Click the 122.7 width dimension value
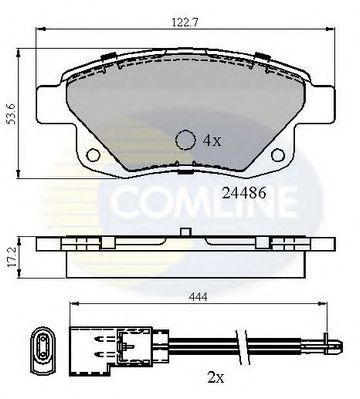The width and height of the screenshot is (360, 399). point(185,22)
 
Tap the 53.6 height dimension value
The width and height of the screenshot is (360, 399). point(12,113)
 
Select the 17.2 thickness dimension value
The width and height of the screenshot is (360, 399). point(12,256)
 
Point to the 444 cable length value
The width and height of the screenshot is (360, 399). point(198,296)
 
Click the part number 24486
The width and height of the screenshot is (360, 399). point(244,193)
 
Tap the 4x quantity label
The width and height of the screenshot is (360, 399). point(212,141)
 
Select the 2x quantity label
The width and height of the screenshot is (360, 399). point(216,378)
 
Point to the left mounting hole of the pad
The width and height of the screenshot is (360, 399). point(93,155)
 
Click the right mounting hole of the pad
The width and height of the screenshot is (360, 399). point(278,155)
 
